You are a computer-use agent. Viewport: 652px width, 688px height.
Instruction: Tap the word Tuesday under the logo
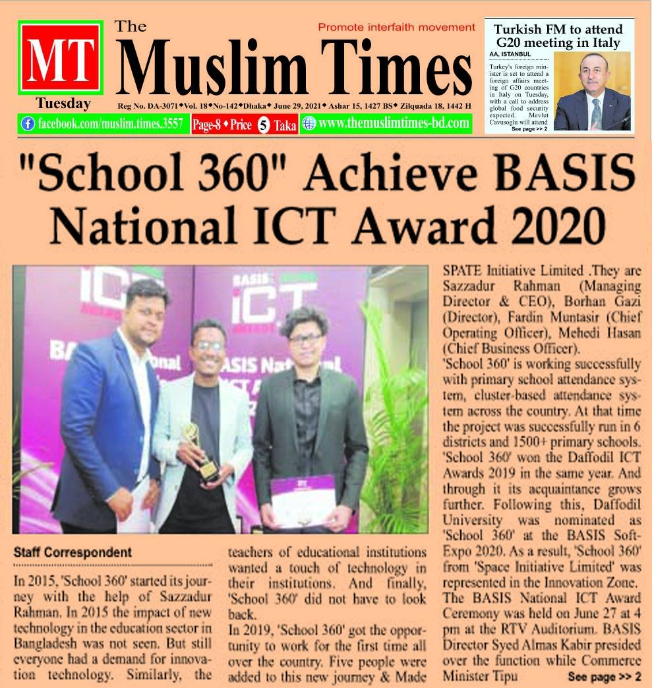point(63,103)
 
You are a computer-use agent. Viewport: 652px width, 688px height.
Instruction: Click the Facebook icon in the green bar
point(28,123)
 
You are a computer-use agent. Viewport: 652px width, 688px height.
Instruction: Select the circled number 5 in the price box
point(262,125)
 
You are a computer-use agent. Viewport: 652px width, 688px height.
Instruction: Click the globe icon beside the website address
point(309,123)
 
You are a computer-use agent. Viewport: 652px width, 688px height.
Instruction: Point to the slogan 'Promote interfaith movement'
point(396,27)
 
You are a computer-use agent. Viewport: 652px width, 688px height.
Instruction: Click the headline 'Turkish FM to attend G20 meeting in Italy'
point(558,36)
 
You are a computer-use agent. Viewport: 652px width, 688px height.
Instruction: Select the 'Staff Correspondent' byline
point(73,552)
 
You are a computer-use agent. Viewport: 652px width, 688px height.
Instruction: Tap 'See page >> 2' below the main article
point(603,676)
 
